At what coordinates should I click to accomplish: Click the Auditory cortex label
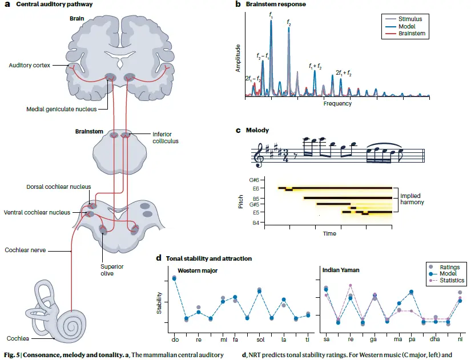[30, 65]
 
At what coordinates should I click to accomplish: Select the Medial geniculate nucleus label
[62, 110]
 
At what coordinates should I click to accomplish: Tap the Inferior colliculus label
[165, 137]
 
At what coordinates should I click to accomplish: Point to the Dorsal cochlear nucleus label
[59, 187]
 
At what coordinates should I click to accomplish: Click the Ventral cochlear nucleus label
[37, 212]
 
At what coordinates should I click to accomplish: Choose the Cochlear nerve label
[25, 250]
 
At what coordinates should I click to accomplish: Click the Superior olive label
[112, 270]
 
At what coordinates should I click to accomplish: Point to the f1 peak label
[271, 15]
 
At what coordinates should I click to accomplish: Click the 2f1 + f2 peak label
[344, 72]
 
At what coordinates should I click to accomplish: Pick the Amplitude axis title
[238, 58]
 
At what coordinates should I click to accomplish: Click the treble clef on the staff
[258, 155]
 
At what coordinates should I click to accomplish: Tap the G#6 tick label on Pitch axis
[254, 180]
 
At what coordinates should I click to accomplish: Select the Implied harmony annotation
[412, 199]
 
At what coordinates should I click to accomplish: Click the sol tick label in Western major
[260, 339]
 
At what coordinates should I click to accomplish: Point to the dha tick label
[434, 339]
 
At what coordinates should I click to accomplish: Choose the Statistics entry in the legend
[452, 280]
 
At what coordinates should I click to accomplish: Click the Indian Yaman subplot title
[341, 270]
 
